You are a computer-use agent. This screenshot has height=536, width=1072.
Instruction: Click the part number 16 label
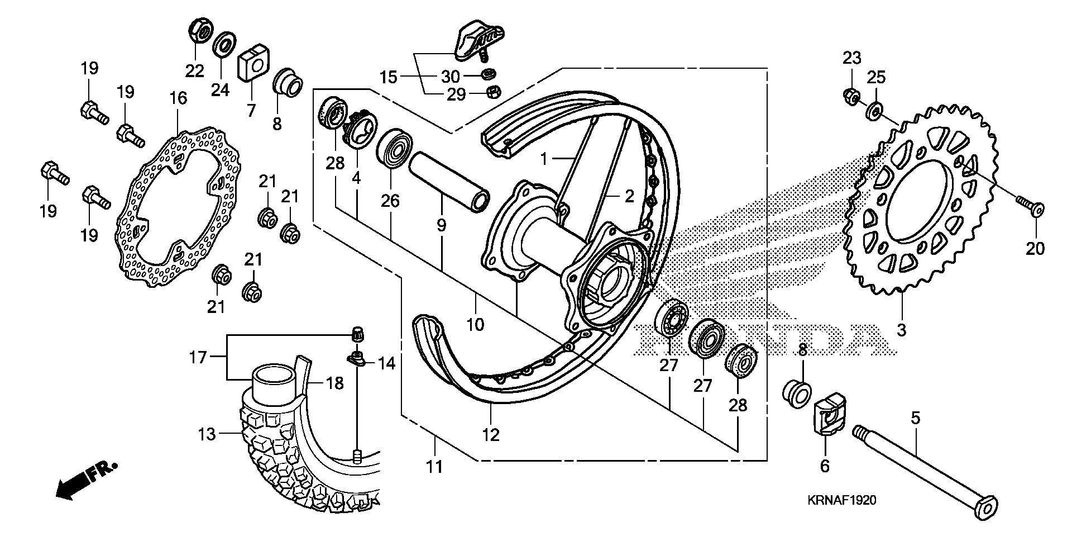pyautogui.click(x=178, y=99)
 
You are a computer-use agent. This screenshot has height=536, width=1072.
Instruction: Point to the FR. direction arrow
pyautogui.click(x=87, y=481)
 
